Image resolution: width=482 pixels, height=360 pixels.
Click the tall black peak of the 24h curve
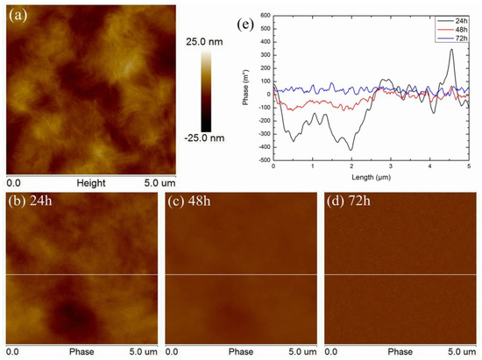pyautogui.click(x=450, y=51)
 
